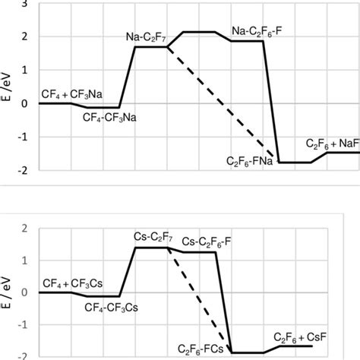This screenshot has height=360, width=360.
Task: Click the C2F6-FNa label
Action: [251, 162]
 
